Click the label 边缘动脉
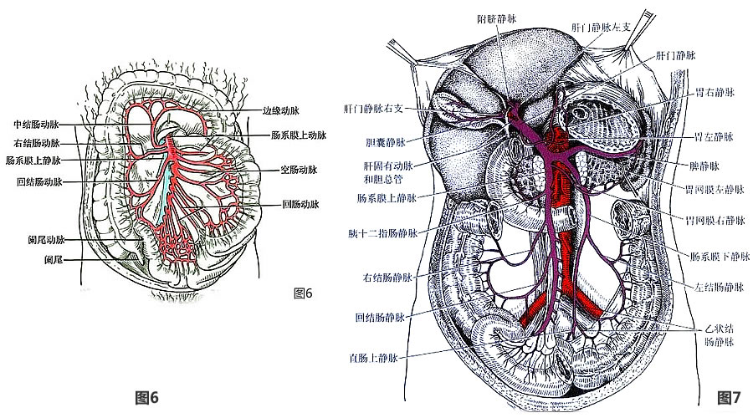pos(281,110)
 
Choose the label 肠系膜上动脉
pos(298,135)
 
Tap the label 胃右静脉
pos(714,91)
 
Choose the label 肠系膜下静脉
pos(717,257)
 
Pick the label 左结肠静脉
pos(717,287)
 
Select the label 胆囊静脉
pos(385,142)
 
